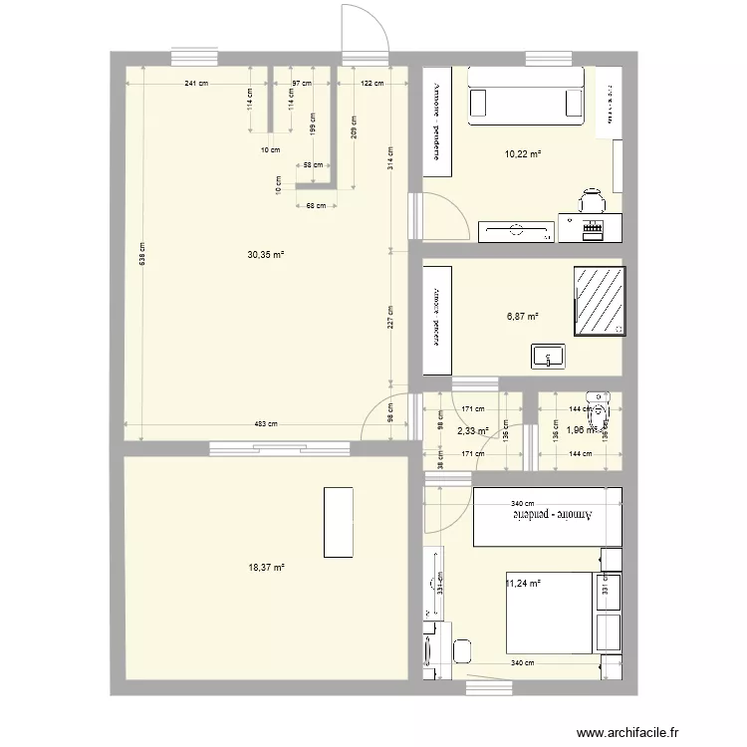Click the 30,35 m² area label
tap(266, 255)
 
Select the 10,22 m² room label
tap(523, 154)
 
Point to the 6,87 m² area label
tap(523, 317)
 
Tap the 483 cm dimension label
tap(265, 424)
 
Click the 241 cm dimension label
tap(196, 85)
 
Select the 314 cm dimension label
tap(391, 157)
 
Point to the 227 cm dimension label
tap(391, 316)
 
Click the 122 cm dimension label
tap(373, 85)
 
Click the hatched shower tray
tap(599, 301)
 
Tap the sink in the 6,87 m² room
tap(549, 356)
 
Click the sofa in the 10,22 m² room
tap(525, 98)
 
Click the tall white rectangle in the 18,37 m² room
tap(338, 521)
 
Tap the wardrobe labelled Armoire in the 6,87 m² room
tap(436, 318)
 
